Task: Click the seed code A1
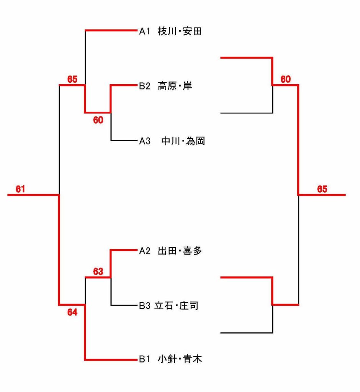click(x=144, y=32)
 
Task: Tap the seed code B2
click(x=144, y=87)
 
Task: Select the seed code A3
click(x=144, y=142)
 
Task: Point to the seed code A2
click(x=144, y=251)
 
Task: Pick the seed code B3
click(x=144, y=306)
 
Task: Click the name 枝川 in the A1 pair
click(x=166, y=32)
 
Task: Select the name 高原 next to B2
click(x=166, y=87)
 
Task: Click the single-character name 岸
click(x=188, y=87)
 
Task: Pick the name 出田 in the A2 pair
click(x=166, y=251)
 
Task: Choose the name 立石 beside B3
click(x=163, y=306)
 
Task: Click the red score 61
click(x=20, y=189)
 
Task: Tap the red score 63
click(x=98, y=272)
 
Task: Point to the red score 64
click(x=72, y=312)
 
